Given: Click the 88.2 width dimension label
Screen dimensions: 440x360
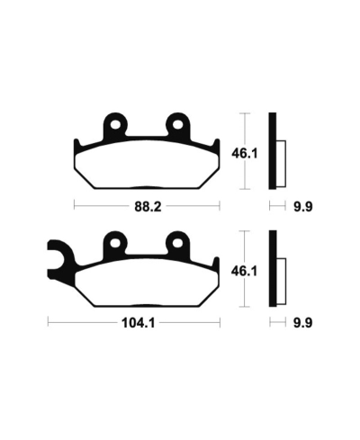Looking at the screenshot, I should tap(147, 205).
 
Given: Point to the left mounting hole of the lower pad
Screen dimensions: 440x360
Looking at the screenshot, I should tap(114, 241).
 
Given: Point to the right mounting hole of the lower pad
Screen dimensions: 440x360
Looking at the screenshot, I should tap(176, 241).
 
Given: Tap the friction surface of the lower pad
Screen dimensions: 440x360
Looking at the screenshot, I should tap(144, 283).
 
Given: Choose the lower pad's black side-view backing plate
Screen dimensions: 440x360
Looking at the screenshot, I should tap(272, 268).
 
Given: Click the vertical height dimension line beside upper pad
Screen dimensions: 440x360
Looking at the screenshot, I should tap(245, 153).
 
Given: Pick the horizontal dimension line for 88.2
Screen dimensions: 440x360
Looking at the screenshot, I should tap(99, 206).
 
